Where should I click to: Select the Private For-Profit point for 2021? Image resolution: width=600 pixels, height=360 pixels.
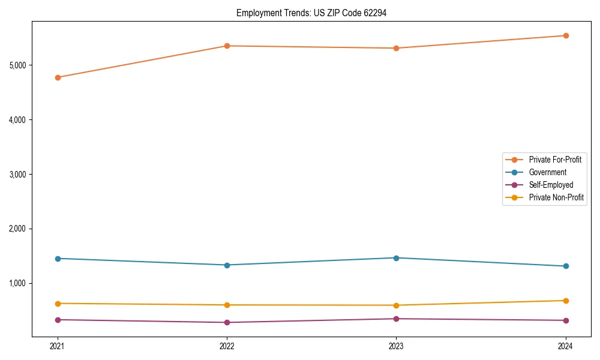[58, 77]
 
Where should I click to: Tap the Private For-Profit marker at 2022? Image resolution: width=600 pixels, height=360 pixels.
[227, 46]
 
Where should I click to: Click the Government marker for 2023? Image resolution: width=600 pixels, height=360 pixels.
[396, 258]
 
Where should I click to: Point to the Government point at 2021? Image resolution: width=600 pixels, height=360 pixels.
[58, 259]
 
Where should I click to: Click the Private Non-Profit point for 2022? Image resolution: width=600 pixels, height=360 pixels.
[227, 305]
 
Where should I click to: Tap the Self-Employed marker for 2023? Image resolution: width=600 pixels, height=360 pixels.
[396, 319]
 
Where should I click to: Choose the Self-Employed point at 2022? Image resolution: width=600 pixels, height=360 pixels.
[227, 322]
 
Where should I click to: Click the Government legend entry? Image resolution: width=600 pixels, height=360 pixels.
[547, 172]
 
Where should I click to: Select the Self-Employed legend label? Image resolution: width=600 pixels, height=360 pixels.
[551, 185]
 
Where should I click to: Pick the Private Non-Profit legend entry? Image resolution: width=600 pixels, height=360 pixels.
[556, 197]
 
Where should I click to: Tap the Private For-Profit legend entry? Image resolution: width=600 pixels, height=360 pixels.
[555, 160]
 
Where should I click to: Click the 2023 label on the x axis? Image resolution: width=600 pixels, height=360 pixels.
[396, 346]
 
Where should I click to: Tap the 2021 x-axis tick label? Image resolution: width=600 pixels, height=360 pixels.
[58, 346]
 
